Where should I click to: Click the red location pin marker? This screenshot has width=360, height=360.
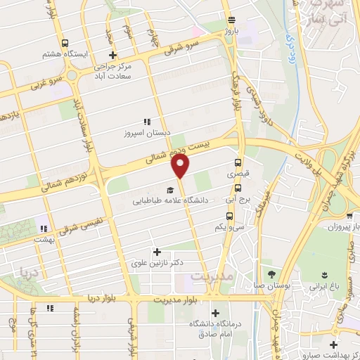(181, 166)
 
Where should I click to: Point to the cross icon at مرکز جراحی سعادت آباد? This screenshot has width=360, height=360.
(112, 55)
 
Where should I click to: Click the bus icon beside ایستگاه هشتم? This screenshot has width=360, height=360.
(65, 42)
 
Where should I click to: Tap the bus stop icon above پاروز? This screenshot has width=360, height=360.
(232, 20)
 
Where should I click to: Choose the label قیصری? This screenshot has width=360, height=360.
(237, 172)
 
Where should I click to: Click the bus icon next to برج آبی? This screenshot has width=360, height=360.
(238, 188)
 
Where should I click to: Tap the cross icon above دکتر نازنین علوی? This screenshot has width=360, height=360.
(156, 251)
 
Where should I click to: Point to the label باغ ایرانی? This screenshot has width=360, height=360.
(324, 286)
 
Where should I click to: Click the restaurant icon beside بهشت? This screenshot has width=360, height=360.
(44, 228)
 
